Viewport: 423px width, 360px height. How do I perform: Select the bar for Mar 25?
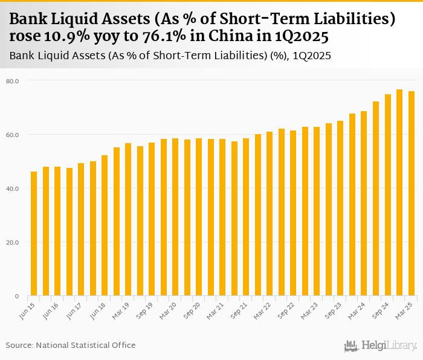click(411, 193)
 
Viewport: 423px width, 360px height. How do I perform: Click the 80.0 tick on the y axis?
click(13, 80)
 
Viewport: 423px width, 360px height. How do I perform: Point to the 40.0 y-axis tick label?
click(13, 188)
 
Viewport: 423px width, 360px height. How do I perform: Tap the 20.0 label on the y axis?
click(13, 242)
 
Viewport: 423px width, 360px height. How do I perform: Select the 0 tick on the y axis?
click(18, 296)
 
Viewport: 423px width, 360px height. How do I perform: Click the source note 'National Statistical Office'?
click(86, 345)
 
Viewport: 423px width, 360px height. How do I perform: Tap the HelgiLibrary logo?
click(380, 346)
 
